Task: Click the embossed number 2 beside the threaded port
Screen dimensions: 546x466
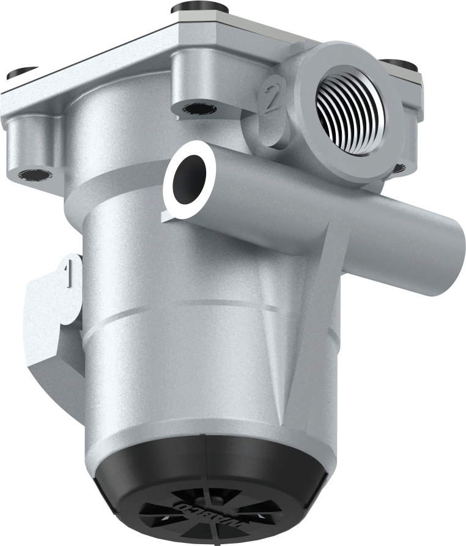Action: click(x=272, y=98)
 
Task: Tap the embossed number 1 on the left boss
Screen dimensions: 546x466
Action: click(x=69, y=271)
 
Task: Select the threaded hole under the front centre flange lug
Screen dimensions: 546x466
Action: click(x=196, y=109)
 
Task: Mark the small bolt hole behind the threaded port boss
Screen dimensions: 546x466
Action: click(x=398, y=167)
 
